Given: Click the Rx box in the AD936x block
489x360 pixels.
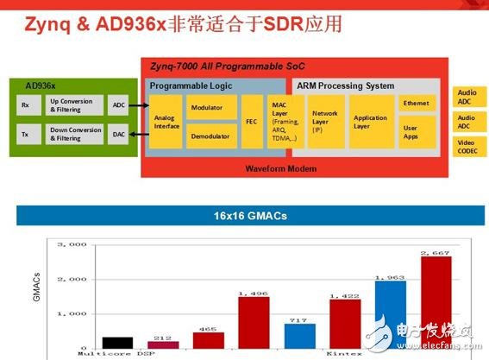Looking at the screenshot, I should [24, 105].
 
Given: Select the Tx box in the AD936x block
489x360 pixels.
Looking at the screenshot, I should [24, 134].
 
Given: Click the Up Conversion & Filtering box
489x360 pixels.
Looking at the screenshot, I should [74, 105].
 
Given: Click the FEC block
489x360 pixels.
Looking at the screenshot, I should [251, 122].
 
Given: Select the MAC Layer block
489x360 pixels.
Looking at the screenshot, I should [284, 122].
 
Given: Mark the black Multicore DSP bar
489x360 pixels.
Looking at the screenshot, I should [116, 343].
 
